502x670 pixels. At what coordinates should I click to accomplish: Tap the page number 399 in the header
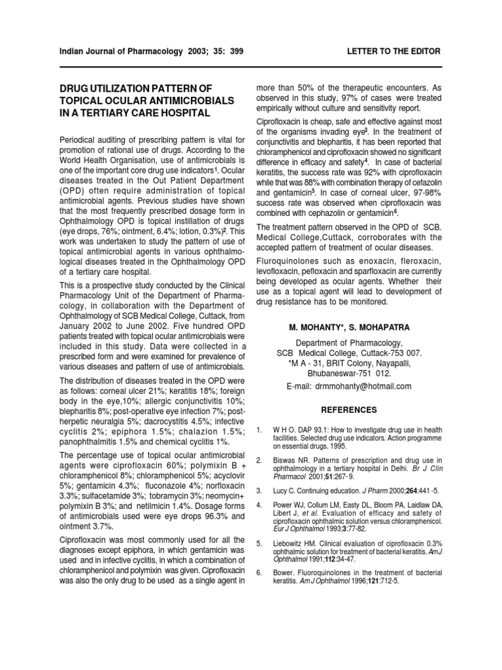[x=233, y=51]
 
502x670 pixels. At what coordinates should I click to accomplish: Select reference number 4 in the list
[x=259, y=506]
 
